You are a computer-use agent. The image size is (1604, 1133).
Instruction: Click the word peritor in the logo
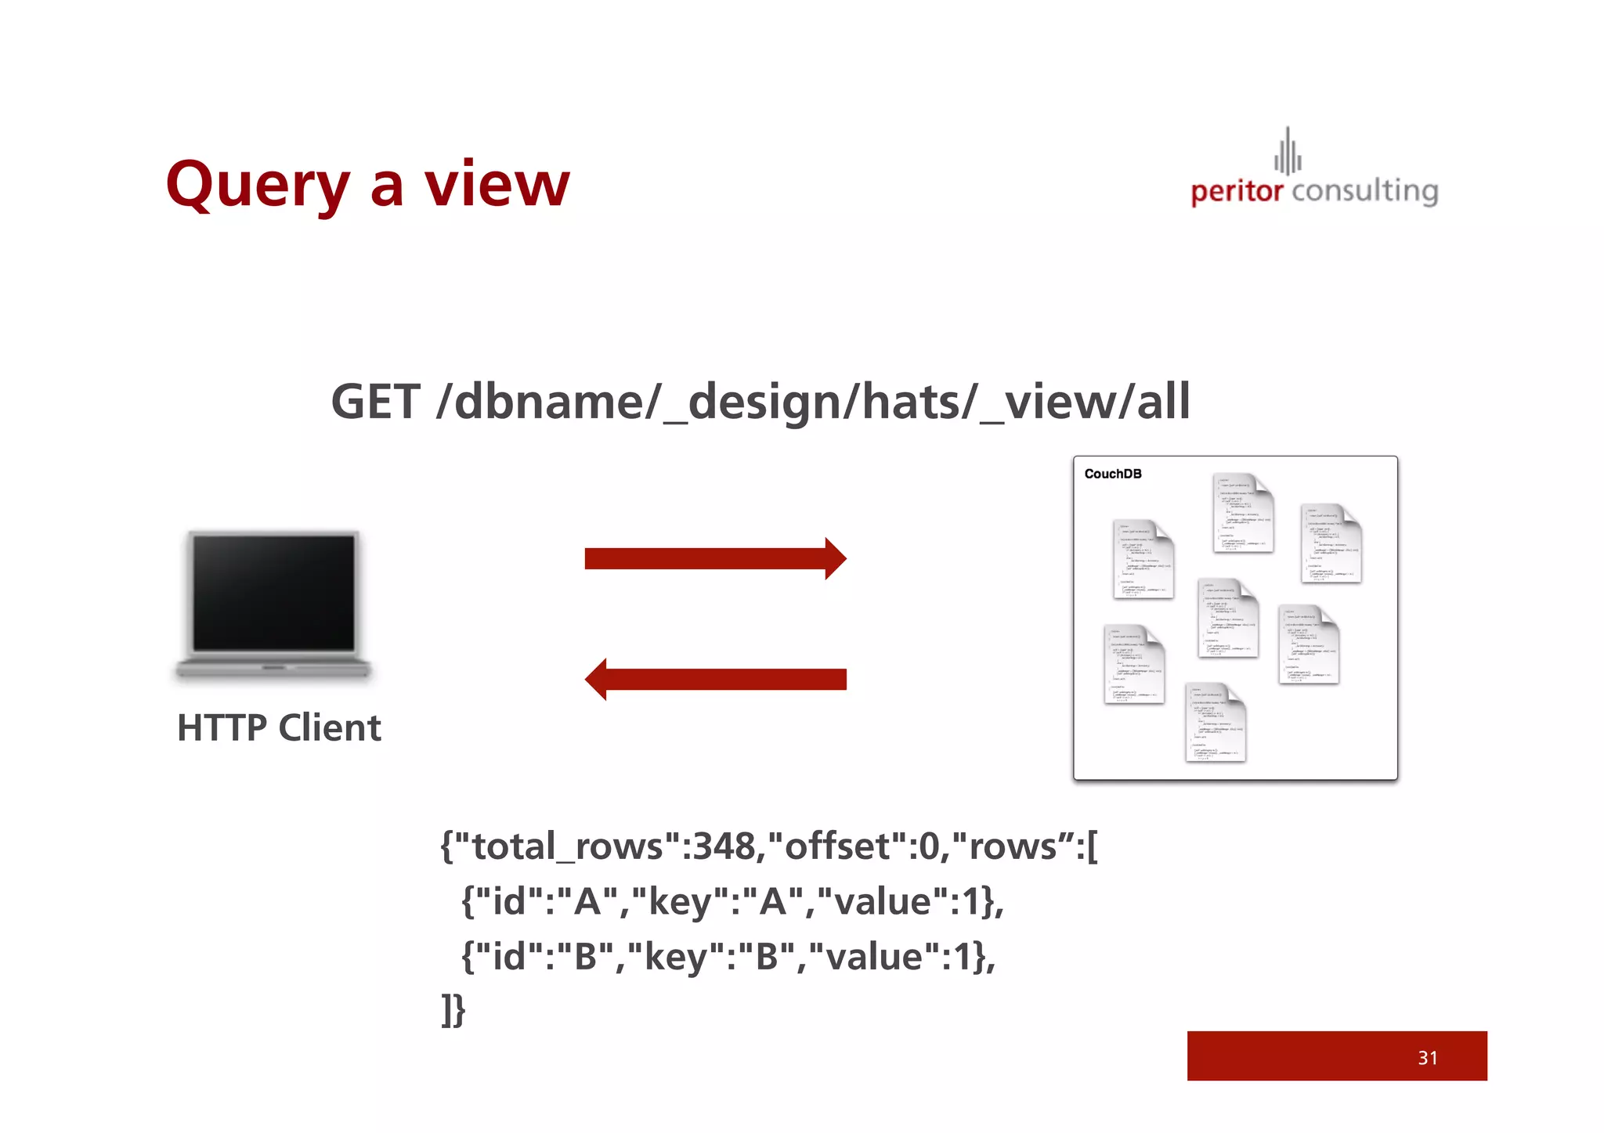[x=1237, y=191]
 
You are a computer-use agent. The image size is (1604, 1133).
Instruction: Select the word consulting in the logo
[x=1365, y=191]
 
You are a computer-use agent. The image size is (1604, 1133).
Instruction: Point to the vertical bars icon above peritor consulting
[x=1288, y=152]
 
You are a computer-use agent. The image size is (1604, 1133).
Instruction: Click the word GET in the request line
[x=375, y=402]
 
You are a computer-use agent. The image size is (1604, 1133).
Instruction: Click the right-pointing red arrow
[x=715, y=559]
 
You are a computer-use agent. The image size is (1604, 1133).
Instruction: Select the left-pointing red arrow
[x=715, y=679]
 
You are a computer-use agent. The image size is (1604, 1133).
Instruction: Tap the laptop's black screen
[x=274, y=593]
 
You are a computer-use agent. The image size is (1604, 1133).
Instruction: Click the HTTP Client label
[x=279, y=727]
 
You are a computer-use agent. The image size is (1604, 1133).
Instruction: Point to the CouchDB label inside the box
[x=1113, y=474]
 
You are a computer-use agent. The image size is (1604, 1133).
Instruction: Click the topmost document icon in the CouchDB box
[x=1243, y=513]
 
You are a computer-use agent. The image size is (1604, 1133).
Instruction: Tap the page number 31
[x=1427, y=1058]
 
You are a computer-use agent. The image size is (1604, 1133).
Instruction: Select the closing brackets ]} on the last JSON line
[x=453, y=1010]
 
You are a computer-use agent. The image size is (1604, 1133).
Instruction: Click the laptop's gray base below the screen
[x=273, y=668]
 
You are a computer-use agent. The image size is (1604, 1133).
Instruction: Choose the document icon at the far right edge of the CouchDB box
[x=1331, y=543]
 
